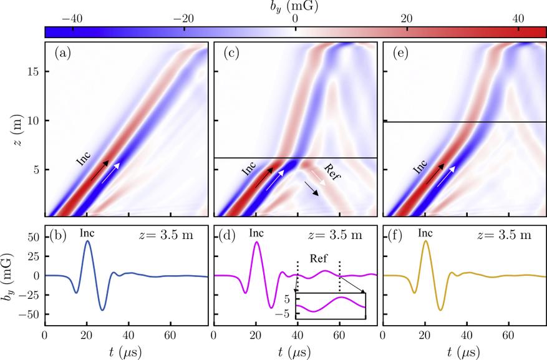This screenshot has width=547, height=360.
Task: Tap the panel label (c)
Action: pyautogui.click(x=232, y=54)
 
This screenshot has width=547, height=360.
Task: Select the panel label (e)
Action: pyautogui.click(x=401, y=54)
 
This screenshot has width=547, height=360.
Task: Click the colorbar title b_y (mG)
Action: pyautogui.click(x=295, y=7)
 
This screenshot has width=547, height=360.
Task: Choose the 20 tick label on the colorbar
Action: pyautogui.click(x=406, y=19)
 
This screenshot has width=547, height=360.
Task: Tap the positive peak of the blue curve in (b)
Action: pyautogui.click(x=87, y=241)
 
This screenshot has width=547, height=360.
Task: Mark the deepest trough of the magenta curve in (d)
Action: pyautogui.click(x=271, y=307)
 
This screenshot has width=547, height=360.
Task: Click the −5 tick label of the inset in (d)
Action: pyautogui.click(x=286, y=314)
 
